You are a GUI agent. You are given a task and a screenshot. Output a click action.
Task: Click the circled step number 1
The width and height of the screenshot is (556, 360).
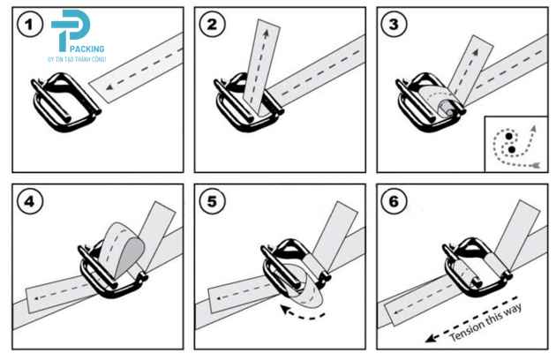[x=30, y=25]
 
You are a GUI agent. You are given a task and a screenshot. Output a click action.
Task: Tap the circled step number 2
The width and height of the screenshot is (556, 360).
[x=212, y=25]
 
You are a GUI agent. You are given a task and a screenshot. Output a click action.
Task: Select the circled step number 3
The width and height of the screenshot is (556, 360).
[x=394, y=25]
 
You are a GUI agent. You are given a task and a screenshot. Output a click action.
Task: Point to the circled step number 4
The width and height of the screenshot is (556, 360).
[x=30, y=201]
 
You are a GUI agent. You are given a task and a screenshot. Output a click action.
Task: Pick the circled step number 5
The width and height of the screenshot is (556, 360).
[x=212, y=201]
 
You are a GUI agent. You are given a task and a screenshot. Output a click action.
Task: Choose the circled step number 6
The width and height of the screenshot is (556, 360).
[x=394, y=201]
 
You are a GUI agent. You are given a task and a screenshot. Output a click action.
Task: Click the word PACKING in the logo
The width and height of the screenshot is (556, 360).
[x=87, y=49]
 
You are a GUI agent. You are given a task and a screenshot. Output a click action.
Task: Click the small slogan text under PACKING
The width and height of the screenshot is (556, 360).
[x=77, y=59]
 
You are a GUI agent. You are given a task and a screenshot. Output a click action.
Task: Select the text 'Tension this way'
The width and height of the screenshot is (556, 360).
[x=486, y=322]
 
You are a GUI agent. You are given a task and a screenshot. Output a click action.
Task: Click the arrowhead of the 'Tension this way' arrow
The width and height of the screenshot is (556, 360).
[x=430, y=339]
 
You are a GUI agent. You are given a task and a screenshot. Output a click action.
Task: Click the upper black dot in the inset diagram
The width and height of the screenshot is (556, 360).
[x=509, y=136]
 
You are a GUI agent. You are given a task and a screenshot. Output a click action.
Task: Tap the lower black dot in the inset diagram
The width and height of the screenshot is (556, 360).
[x=511, y=149]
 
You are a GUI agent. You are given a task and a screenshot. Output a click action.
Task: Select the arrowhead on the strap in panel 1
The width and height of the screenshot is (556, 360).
[x=109, y=86]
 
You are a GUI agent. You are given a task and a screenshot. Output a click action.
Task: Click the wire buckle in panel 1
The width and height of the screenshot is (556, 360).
[x=66, y=102]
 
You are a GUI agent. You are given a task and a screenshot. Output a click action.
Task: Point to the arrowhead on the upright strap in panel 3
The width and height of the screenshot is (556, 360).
[x=475, y=53]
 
